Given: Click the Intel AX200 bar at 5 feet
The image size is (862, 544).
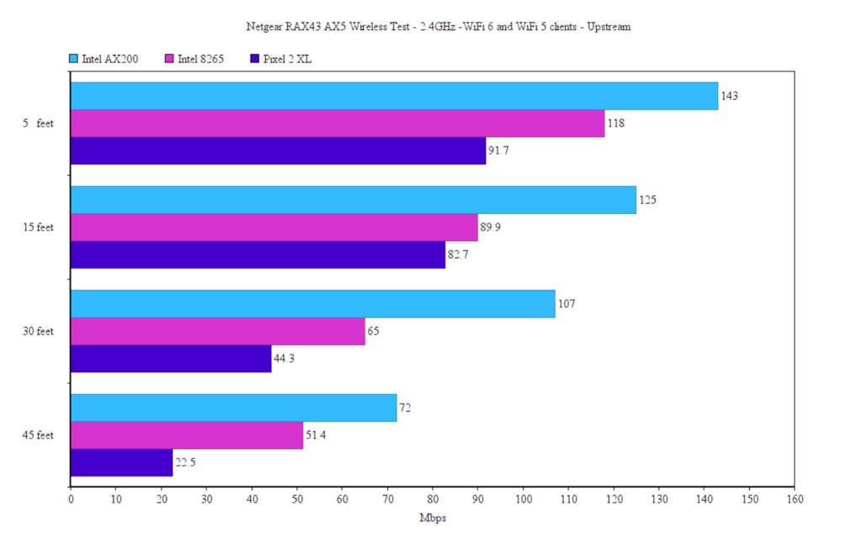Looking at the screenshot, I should click(x=394, y=96).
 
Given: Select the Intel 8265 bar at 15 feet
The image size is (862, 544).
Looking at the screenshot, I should click(x=274, y=227).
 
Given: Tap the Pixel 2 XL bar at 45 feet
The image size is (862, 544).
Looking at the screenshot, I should click(x=121, y=462).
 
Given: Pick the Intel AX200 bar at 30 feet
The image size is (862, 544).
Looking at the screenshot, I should click(x=312, y=304).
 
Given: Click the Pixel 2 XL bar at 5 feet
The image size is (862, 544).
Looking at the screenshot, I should click(x=278, y=151).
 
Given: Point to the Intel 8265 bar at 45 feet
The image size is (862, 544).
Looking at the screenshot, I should click(x=187, y=435).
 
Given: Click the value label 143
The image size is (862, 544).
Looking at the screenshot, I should click(x=729, y=96).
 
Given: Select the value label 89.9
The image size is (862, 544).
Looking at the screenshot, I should click(x=491, y=227).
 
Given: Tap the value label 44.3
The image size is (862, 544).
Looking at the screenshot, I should click(x=285, y=359).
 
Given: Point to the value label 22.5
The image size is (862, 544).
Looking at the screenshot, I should click(x=186, y=462).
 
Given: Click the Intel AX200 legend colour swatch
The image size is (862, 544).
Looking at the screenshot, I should click(x=73, y=59).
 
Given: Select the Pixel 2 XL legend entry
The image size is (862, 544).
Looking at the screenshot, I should click(x=283, y=59).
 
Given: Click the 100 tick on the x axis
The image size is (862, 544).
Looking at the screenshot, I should click(x=523, y=499).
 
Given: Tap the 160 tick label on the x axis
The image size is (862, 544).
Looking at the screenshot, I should click(x=794, y=499).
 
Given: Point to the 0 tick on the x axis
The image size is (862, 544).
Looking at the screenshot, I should click(x=71, y=499).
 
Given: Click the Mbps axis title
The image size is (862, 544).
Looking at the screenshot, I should click(x=432, y=518).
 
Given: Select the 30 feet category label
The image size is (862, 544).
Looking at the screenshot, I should click(x=39, y=331).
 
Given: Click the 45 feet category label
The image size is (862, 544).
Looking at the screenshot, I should click(x=39, y=435).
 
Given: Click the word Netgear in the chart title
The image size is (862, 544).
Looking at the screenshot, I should click(x=263, y=26).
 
